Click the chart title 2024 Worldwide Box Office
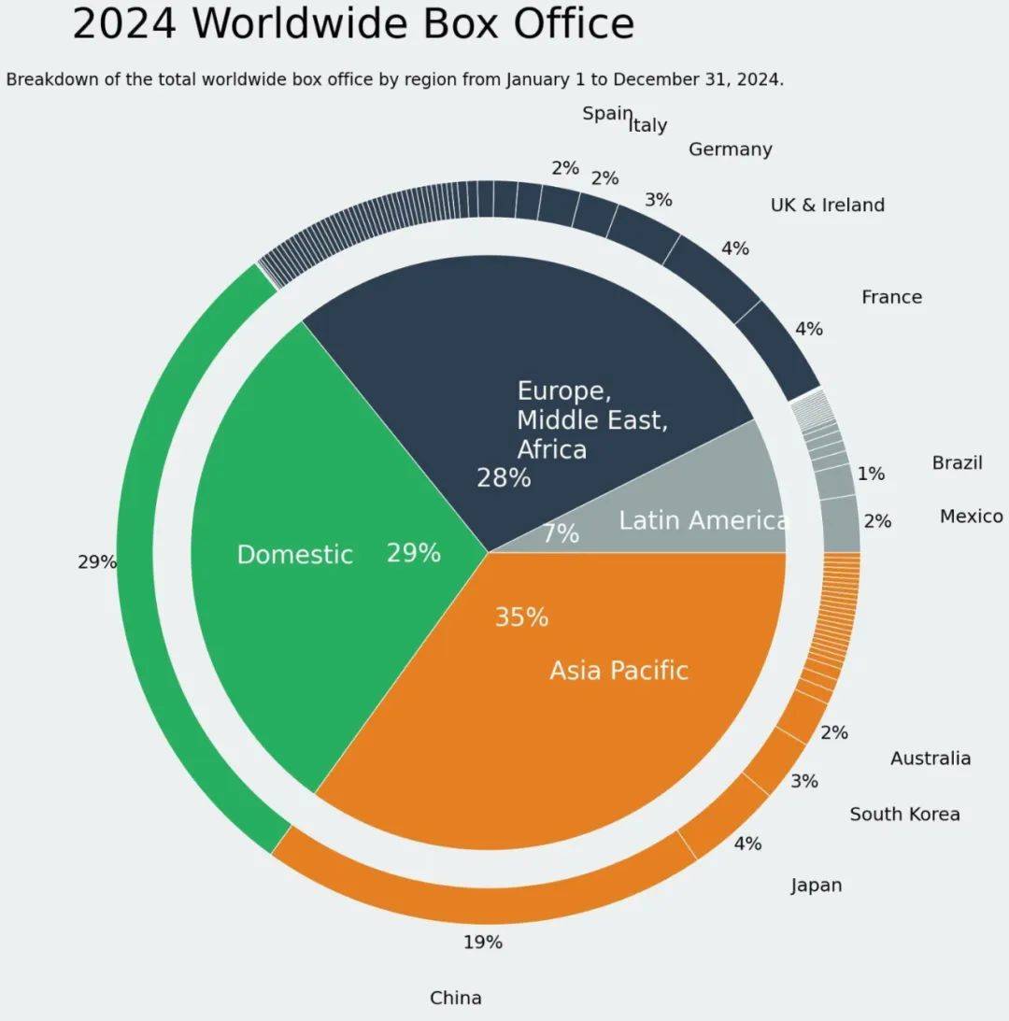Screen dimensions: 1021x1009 pyautogui.click(x=353, y=24)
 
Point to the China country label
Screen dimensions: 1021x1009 pyautogui.click(x=456, y=998)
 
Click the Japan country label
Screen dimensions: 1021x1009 pyautogui.click(x=816, y=885)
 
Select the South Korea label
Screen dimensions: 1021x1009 pyautogui.click(x=903, y=814)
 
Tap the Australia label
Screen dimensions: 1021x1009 pyautogui.click(x=930, y=758)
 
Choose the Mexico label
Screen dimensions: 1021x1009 pyautogui.click(x=971, y=516)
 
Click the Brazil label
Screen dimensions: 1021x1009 pyautogui.click(x=957, y=462)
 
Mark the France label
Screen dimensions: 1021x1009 pyautogui.click(x=891, y=297)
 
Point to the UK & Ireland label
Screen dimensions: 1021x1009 pyautogui.click(x=827, y=205)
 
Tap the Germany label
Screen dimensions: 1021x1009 pyautogui.click(x=730, y=149)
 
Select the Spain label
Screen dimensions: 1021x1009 pyautogui.click(x=606, y=113)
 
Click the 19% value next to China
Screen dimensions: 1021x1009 pyautogui.click(x=483, y=942)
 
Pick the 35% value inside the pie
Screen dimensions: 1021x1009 pyautogui.click(x=521, y=617)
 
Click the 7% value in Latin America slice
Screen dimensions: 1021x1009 pyautogui.click(x=561, y=534)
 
